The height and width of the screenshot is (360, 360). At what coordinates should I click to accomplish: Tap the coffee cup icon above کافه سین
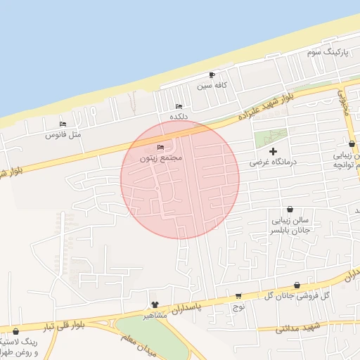pyautogui.click(x=212, y=75)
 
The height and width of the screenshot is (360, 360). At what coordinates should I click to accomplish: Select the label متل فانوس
pyautogui.click(x=64, y=134)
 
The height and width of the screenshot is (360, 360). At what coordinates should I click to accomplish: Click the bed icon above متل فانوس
pyautogui.click(x=63, y=124)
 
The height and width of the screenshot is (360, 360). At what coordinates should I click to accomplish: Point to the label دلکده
pyautogui.click(x=179, y=116)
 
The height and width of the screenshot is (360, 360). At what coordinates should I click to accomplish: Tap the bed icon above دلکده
pyautogui.click(x=179, y=106)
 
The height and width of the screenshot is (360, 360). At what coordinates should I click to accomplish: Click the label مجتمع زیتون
pyautogui.click(x=161, y=158)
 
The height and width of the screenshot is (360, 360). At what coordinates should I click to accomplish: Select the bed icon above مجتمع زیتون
pyautogui.click(x=161, y=148)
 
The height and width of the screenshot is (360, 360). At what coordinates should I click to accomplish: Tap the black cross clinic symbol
pyautogui.click(x=274, y=150)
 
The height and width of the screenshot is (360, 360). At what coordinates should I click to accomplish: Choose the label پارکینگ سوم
pyautogui.click(x=328, y=53)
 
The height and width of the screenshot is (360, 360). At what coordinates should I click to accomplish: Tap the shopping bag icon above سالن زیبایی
pyautogui.click(x=290, y=209)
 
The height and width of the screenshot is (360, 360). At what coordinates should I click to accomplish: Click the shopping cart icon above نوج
pyautogui.click(x=238, y=296)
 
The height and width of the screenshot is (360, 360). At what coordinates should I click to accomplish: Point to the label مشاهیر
pyautogui.click(x=155, y=315)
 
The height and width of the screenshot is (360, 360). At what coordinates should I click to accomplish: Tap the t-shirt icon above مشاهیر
pyautogui.click(x=155, y=304)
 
